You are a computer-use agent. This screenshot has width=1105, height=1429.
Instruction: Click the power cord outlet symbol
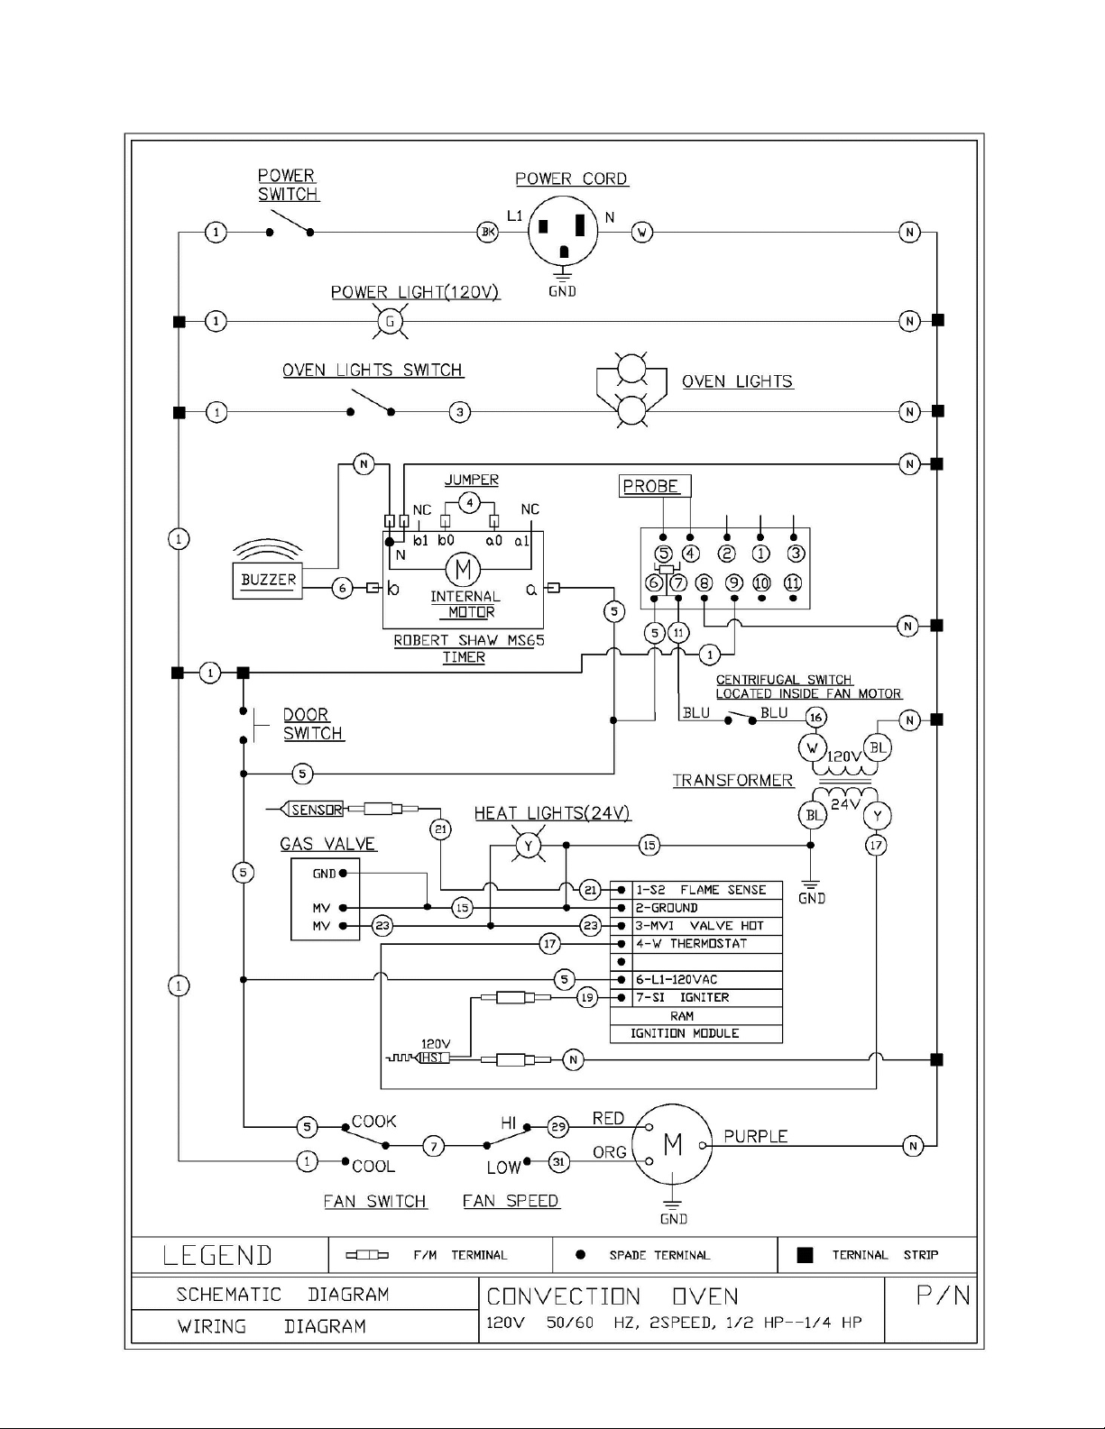pyautogui.click(x=563, y=232)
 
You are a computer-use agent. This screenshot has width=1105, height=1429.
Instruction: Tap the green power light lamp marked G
pyautogui.click(x=390, y=322)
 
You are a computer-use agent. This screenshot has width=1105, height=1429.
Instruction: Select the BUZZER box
pyautogui.click(x=268, y=581)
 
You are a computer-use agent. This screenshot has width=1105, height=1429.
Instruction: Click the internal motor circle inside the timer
pyautogui.click(x=463, y=570)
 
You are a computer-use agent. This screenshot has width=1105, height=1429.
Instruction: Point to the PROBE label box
pyautogui.click(x=655, y=486)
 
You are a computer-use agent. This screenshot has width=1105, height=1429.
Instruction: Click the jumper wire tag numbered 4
pyautogui.click(x=470, y=504)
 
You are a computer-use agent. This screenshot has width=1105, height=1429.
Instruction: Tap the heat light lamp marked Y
pyautogui.click(x=529, y=846)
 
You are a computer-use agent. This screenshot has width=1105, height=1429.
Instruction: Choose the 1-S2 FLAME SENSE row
pyautogui.click(x=707, y=891)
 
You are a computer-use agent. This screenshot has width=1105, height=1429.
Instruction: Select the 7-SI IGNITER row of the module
pyautogui.click(x=707, y=998)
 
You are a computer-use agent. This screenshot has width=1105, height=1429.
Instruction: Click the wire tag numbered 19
pyautogui.click(x=587, y=998)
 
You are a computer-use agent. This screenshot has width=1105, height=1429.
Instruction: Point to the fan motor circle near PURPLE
pyautogui.click(x=672, y=1145)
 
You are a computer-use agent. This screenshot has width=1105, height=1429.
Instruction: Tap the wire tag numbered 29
pyautogui.click(x=558, y=1126)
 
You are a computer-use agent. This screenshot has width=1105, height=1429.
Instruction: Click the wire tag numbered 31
pyautogui.click(x=558, y=1162)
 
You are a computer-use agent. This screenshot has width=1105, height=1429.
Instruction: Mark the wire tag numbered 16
pyautogui.click(x=816, y=718)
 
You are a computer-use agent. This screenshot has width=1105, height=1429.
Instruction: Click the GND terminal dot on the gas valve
pyautogui.click(x=343, y=874)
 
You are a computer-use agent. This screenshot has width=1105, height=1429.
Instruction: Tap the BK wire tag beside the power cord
pyautogui.click(x=487, y=232)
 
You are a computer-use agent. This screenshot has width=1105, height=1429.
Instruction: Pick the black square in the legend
pyautogui.click(x=805, y=1255)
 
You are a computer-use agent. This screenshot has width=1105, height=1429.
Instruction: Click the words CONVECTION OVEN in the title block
pyautogui.click(x=612, y=1296)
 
